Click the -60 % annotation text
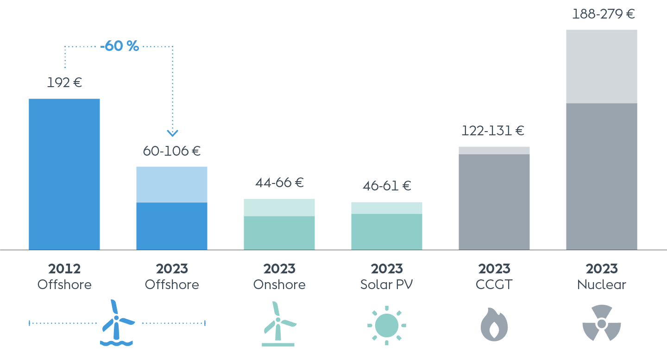click(120, 46)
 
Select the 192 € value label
click(64, 83)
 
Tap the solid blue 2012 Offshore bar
click(64, 174)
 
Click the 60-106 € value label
click(172, 151)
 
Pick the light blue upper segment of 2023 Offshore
click(172, 184)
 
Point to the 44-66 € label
click(279, 183)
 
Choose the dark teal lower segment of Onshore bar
click(279, 233)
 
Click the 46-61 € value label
click(387, 186)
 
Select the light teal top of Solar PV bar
click(387, 208)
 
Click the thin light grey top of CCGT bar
click(494, 150)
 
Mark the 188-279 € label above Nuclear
click(603, 14)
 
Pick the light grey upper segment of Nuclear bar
click(602, 66)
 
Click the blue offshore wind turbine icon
click(117, 323)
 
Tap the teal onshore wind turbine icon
click(278, 324)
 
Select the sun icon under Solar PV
click(387, 325)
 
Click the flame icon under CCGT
click(494, 324)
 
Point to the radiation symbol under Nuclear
click(602, 323)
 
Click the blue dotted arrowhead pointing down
click(172, 133)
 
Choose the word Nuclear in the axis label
click(602, 284)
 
